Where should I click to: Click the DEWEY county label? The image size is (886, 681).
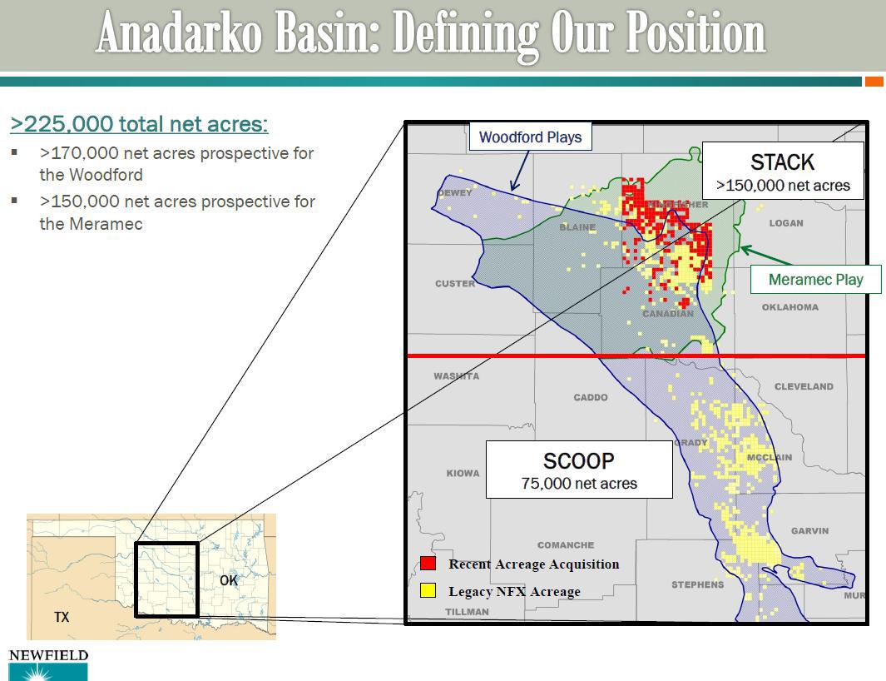(454, 193)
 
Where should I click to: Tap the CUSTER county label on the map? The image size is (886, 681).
(455, 284)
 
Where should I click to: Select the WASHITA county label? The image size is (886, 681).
(456, 376)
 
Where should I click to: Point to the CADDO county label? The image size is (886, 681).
(591, 398)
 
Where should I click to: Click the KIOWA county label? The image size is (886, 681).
(463, 474)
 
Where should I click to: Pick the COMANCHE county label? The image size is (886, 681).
(566, 545)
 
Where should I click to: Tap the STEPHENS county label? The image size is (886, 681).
(697, 584)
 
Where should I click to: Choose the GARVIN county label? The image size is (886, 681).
(809, 531)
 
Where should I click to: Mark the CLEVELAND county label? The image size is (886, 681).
(804, 386)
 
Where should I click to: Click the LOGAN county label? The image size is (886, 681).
(786, 223)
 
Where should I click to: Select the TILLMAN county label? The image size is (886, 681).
(467, 612)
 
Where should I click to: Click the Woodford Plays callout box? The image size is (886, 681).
(530, 137)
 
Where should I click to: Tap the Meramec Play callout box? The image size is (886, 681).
(815, 280)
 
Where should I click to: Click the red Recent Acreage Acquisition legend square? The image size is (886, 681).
(428, 564)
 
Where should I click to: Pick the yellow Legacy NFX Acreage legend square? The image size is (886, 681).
(428, 591)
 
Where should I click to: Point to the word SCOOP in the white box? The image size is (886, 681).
(578, 460)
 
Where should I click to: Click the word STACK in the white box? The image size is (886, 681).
(782, 162)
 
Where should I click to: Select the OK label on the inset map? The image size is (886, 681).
(229, 580)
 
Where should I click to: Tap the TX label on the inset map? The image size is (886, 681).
(62, 617)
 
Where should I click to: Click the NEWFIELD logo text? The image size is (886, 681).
(48, 656)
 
